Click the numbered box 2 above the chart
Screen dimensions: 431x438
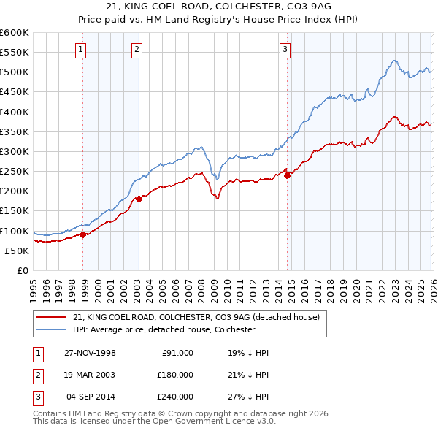(x=137, y=50)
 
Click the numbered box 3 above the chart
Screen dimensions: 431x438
(x=284, y=50)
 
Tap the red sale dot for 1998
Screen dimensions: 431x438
(x=83, y=234)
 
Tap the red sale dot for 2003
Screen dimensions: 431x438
(x=139, y=199)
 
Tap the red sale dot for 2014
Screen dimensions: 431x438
(x=288, y=175)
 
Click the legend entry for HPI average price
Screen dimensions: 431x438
(x=164, y=329)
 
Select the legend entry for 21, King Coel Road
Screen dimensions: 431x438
(x=196, y=317)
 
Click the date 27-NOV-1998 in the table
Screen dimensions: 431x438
(x=91, y=353)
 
